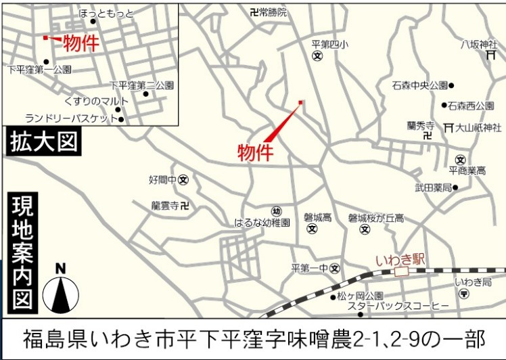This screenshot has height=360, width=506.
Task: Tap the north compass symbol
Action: click(61, 292)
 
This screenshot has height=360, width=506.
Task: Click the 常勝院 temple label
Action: click(273, 12)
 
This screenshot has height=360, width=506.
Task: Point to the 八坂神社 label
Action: click(479, 45)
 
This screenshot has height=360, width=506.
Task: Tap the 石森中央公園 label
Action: click(419, 85)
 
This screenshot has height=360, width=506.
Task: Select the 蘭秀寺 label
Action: click(420, 125)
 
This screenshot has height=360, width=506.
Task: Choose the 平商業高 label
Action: click(467, 171)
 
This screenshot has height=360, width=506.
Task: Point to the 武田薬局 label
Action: click(433, 187)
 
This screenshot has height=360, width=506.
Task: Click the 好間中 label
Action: click(162, 180)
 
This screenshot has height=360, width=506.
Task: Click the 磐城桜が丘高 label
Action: click(376, 218)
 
